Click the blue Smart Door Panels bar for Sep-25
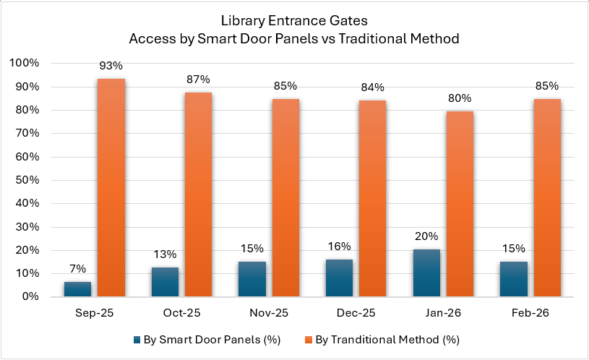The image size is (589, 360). (x=77, y=289)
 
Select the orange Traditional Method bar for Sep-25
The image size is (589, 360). (x=111, y=188)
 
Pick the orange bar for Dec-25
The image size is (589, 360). (x=373, y=199)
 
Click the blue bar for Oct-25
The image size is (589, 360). (x=165, y=282)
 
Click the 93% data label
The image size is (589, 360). (x=111, y=66)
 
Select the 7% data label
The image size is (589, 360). (x=77, y=270)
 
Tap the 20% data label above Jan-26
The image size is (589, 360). (x=426, y=237)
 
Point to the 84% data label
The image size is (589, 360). (x=373, y=88)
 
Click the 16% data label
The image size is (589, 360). (x=339, y=247)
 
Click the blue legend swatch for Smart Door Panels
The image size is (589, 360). (x=137, y=338)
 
